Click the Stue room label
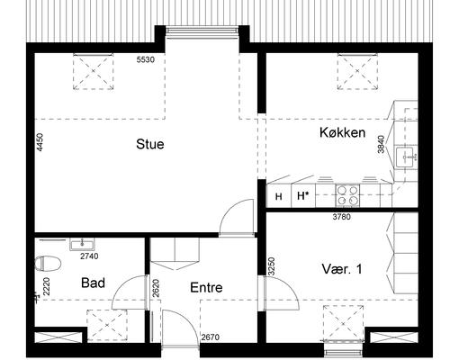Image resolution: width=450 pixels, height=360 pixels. tap(150, 144)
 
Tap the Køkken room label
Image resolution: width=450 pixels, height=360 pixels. tap(342, 132)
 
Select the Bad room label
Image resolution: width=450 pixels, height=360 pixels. tap(93, 283)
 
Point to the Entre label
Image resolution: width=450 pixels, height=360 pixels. tap(206, 288)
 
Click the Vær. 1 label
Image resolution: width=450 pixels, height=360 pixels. tap(342, 269)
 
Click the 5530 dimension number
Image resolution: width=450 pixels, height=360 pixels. tap(146, 59)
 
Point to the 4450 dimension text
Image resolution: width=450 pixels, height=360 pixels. tap(40, 142)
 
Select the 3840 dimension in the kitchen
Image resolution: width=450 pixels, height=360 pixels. tap(381, 144)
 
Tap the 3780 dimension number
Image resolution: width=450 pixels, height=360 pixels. tap(342, 217)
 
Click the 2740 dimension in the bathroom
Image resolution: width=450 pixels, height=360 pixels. tap(89, 256)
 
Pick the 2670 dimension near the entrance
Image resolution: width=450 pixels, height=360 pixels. tap(211, 337)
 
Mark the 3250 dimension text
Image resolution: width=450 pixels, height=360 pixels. tap(272, 266)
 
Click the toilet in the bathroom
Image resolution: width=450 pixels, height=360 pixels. tap(48, 264)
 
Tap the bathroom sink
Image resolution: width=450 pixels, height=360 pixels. tap(82, 245)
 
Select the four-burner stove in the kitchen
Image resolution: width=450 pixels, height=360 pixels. tap(347, 195)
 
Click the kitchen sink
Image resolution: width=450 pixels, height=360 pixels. tap(405, 157)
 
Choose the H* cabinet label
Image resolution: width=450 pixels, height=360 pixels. tap(303, 196)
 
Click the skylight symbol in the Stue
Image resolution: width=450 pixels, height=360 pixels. tap(94, 71)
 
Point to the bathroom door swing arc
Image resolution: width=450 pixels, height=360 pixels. tap(120, 288)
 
